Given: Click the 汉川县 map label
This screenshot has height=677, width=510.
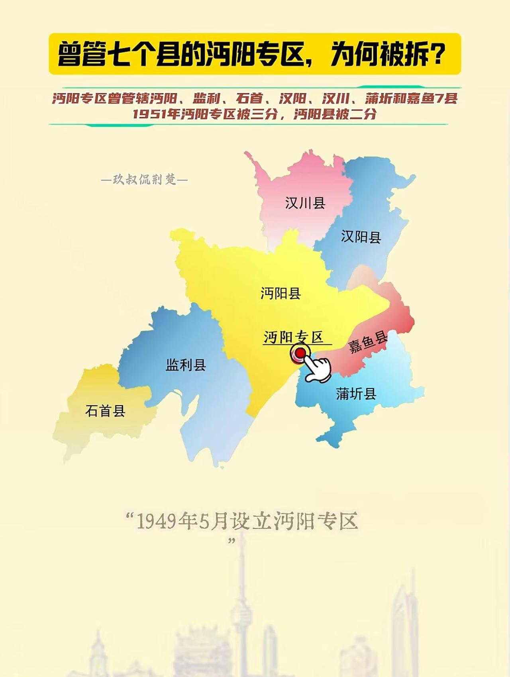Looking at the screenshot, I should [x=305, y=203].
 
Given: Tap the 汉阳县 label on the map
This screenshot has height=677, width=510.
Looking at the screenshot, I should [x=361, y=237].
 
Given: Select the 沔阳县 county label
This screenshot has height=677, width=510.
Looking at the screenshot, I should [x=280, y=294].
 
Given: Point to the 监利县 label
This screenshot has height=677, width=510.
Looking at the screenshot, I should [x=186, y=365].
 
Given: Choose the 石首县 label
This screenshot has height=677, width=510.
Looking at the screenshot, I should [x=105, y=410].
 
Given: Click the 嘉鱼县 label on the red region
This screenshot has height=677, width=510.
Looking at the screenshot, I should [x=368, y=343].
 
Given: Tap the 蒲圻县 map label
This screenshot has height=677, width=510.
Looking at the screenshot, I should [x=356, y=394].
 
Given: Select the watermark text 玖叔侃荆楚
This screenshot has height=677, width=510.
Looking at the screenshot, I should [x=144, y=180].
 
